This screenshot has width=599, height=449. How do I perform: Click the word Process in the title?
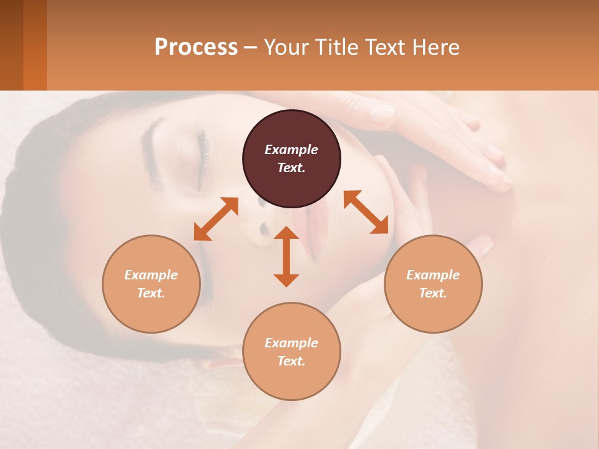point(196,47)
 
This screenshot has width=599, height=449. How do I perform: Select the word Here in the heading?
point(435,47)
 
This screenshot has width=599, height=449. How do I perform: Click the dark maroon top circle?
point(291,158)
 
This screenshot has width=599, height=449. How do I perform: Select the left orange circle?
point(151,284)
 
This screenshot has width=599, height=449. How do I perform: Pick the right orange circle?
point(433,284)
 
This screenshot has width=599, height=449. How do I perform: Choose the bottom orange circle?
point(291,352)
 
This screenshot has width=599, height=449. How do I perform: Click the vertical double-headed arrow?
point(286,256)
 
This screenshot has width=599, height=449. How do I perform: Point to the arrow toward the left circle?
point(216,219)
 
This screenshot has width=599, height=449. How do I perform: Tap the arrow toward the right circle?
point(366,212)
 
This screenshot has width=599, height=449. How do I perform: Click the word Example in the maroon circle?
point(291,150)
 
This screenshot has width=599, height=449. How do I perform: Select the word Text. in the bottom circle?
point(291,361)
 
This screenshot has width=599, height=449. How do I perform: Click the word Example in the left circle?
point(151,275)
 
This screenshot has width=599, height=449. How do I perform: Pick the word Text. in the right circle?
point(433,293)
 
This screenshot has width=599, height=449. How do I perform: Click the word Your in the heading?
point(285,47)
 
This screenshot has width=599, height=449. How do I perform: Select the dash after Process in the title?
point(250,48)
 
